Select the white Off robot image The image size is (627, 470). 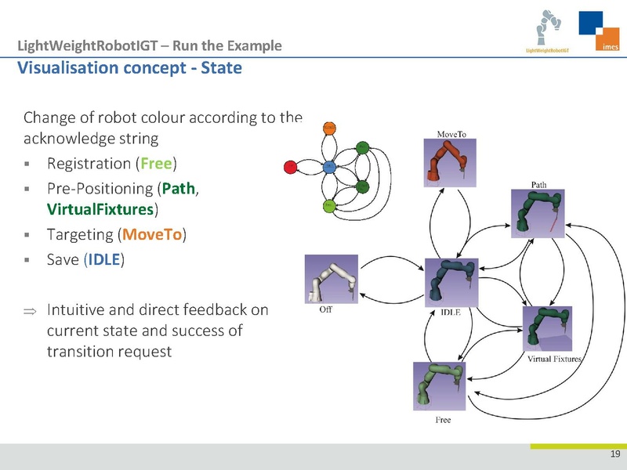[331, 279]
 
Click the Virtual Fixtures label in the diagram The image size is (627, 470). [553, 360]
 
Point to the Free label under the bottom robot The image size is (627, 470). [443, 420]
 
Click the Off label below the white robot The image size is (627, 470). [326, 309]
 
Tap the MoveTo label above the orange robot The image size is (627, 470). [451, 134]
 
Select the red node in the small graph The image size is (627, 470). [289, 167]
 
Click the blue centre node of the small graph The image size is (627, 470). [329, 167]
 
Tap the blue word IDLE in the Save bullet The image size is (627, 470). [103, 258]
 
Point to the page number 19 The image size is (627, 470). [614, 456]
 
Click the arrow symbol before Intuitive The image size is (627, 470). [29, 311]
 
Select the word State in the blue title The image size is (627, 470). [222, 67]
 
